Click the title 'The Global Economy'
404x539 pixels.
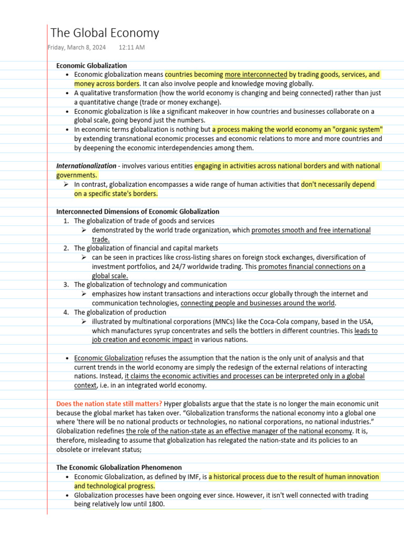click(x=104, y=33)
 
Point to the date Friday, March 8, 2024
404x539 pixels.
click(x=76, y=47)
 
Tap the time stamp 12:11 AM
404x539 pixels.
click(x=132, y=47)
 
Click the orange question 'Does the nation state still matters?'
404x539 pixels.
click(x=109, y=404)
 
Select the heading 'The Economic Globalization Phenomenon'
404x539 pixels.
click(x=119, y=467)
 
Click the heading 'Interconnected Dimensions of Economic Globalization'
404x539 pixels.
click(x=138, y=212)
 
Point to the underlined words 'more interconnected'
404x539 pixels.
click(x=256, y=74)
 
